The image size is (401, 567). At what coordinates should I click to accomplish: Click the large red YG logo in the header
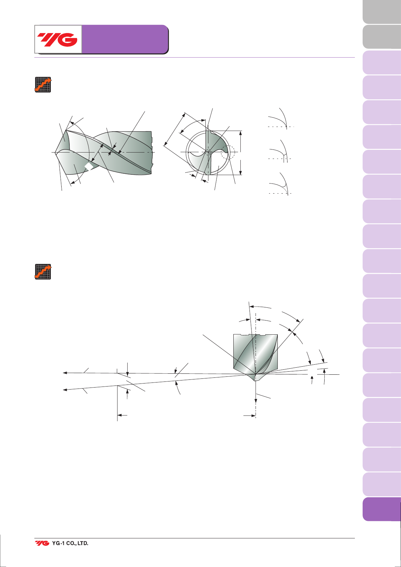[57, 40]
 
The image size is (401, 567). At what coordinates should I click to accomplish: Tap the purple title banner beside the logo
[125, 39]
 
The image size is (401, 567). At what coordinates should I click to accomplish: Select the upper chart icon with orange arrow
[43, 85]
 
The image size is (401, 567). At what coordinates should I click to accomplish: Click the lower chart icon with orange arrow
[43, 272]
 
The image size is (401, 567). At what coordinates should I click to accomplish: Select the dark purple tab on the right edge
[382, 509]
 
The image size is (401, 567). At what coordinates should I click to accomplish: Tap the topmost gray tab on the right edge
[382, 12]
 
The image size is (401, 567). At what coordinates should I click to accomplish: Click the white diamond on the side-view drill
[89, 167]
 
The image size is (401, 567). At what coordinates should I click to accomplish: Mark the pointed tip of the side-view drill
[55, 153]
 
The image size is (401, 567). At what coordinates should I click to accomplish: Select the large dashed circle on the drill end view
[228, 152]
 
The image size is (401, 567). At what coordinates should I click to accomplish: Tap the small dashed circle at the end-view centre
[208, 152]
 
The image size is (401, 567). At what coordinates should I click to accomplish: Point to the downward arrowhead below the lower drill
[256, 401]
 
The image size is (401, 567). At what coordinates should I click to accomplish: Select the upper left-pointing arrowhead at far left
[65, 373]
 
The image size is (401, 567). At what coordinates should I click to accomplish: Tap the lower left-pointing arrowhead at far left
[65, 390]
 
